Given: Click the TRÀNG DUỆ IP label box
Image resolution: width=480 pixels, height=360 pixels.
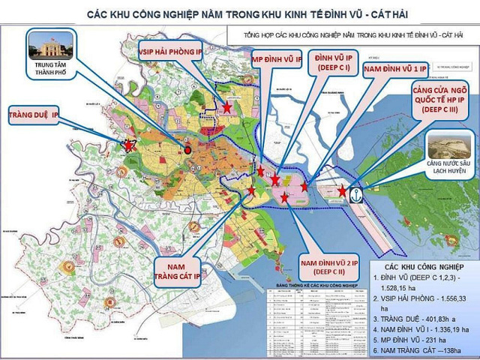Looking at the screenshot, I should point(34,115).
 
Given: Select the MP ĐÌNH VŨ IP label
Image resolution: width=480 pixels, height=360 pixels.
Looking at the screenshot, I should point(276,59).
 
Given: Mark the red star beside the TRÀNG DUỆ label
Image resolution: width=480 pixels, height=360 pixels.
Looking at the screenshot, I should point(129,145).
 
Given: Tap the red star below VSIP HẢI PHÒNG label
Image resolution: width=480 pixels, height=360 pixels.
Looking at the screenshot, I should point(226,107).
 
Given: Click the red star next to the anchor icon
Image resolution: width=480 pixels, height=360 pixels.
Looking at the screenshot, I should point(342,191).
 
